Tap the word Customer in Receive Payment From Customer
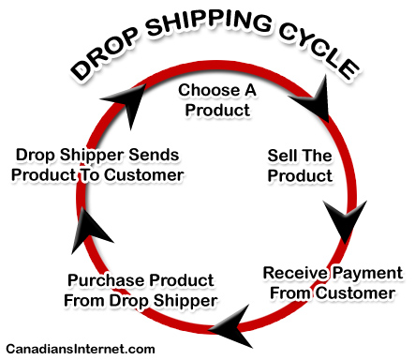tap(362, 293)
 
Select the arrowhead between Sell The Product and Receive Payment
tap(346, 224)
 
